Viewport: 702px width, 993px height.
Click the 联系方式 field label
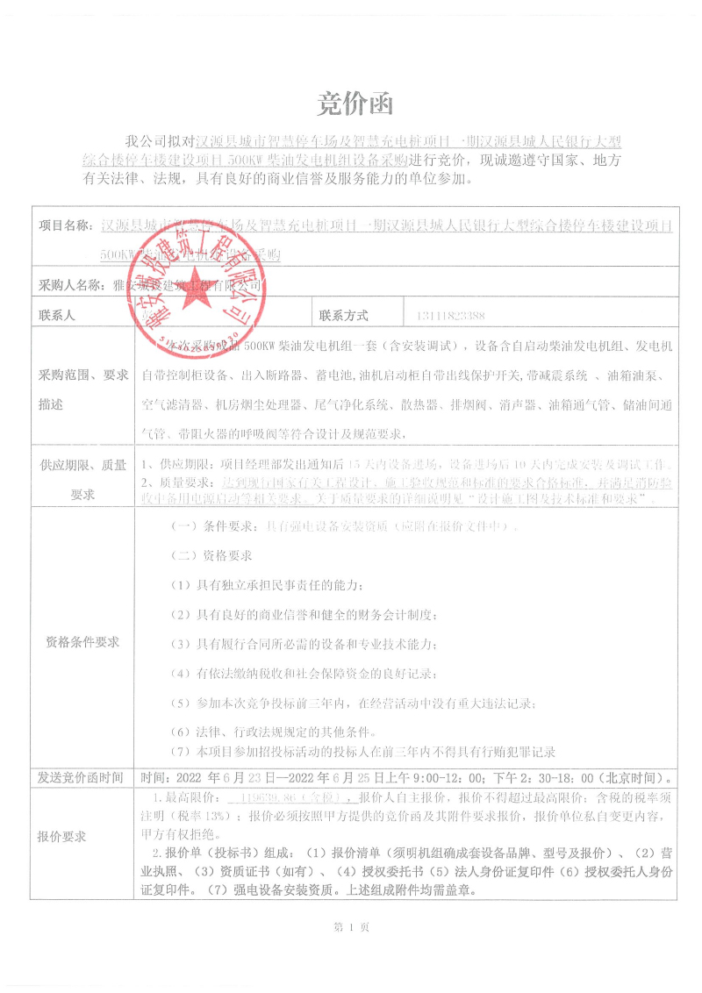(x=344, y=315)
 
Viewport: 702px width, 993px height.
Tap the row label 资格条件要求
(x=82, y=641)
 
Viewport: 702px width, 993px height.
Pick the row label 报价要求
(x=61, y=836)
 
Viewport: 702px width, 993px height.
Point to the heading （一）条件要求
(x=210, y=527)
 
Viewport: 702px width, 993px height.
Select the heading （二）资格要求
(x=211, y=556)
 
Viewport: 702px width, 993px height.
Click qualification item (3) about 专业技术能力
(x=304, y=645)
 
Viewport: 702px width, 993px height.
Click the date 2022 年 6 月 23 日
(x=226, y=777)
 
